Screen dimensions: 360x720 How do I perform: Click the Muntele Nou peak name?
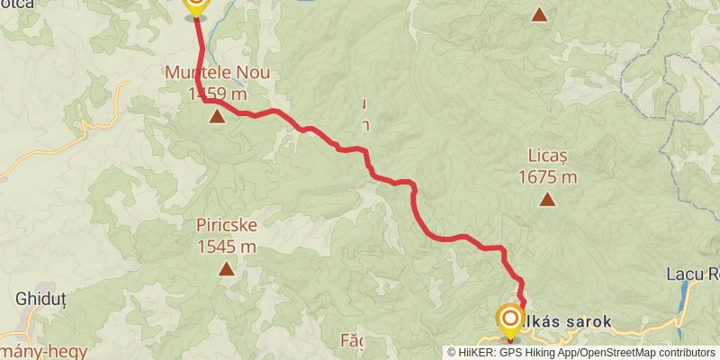pos(216,72)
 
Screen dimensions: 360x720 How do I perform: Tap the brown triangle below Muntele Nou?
pos(217,116)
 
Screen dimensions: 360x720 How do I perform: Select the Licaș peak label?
pos(547,156)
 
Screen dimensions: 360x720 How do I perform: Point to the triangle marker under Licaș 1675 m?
pos(547,200)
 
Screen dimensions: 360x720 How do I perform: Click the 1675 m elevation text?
pos(547,176)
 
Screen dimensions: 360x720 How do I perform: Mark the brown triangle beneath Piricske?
pos(225,268)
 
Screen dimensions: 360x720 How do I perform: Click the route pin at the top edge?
pos(195,5)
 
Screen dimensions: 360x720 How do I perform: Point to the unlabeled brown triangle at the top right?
pos(539,14)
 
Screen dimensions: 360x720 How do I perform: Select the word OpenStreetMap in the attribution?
pos(616,353)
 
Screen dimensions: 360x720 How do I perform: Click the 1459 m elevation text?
pos(216,93)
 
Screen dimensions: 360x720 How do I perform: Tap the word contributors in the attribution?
pos(685,353)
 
